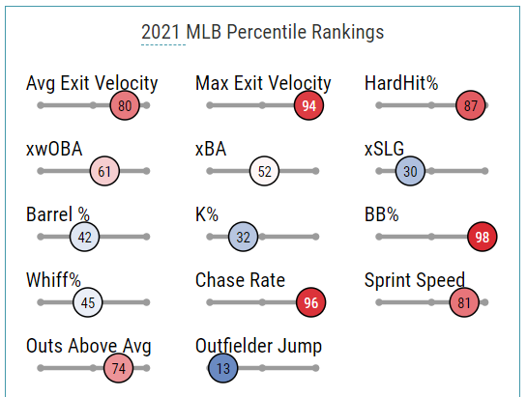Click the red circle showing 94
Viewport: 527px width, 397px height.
point(308,105)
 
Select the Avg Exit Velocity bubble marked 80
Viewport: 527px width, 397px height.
point(125,105)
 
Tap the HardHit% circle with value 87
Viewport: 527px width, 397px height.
point(471,105)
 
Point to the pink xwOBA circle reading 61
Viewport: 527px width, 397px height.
point(104,171)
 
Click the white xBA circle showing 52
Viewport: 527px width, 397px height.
point(265,171)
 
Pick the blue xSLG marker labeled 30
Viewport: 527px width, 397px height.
point(410,171)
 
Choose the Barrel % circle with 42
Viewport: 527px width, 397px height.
point(84,237)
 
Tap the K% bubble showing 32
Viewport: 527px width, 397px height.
point(243,237)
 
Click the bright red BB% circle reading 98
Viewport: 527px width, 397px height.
point(482,237)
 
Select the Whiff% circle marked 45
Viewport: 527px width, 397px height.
point(88,302)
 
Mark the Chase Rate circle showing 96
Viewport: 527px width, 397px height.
point(311,302)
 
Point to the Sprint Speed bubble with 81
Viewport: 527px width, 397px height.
point(464,302)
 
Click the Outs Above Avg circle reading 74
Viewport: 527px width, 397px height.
point(118,368)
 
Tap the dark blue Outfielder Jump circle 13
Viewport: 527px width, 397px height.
point(223,368)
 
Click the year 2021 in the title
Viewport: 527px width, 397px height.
point(161,32)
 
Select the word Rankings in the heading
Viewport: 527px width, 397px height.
point(347,33)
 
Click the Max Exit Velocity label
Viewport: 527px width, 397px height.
point(263,84)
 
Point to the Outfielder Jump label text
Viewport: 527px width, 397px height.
point(258,346)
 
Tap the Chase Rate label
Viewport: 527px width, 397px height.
point(240,280)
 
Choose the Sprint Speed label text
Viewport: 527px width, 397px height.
point(415,280)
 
